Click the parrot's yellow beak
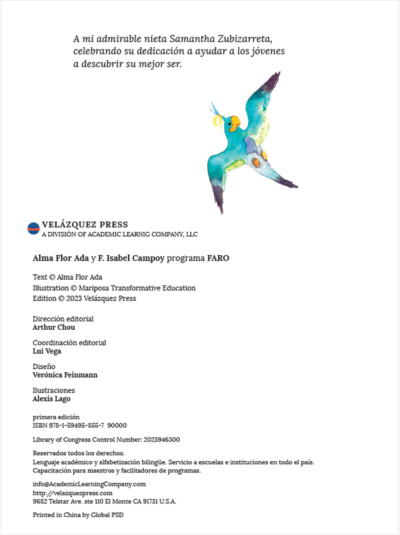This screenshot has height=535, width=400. (235, 123)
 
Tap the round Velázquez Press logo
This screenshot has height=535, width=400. (33, 228)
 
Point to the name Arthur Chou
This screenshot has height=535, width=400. (54, 327)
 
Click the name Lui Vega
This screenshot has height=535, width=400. (47, 351)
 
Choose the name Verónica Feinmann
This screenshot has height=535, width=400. (65, 375)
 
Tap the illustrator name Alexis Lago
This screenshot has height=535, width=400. (51, 399)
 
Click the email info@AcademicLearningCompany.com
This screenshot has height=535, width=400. (89, 484)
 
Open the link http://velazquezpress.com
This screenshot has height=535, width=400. (72, 493)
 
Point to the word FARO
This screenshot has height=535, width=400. (218, 258)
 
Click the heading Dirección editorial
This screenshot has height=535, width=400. (63, 319)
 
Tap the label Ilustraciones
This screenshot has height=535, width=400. (54, 391)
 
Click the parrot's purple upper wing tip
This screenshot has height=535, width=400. (272, 81)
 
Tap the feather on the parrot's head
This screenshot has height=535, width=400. (215, 110)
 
